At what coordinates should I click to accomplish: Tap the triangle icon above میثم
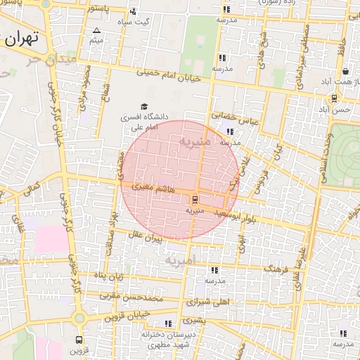[x=96, y=30]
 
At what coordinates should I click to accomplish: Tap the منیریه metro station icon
[x=195, y=198]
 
